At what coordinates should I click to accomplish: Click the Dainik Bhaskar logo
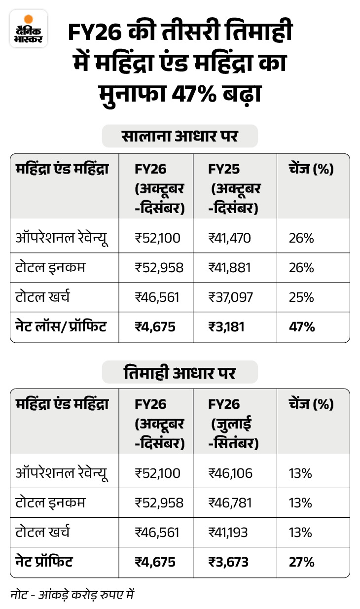28,28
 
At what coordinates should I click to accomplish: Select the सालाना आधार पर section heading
180,136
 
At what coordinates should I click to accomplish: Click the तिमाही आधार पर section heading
180,373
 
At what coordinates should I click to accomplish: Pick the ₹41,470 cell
230,239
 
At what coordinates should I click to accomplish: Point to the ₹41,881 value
230,268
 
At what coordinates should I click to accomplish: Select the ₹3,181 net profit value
226,327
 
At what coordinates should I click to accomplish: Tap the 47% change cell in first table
301,327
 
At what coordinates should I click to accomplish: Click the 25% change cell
301,297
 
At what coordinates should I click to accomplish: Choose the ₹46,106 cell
230,473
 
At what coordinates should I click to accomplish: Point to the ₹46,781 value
230,503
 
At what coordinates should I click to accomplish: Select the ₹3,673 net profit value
228,562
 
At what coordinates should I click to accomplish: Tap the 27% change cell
301,562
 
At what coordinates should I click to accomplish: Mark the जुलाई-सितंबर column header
234,433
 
